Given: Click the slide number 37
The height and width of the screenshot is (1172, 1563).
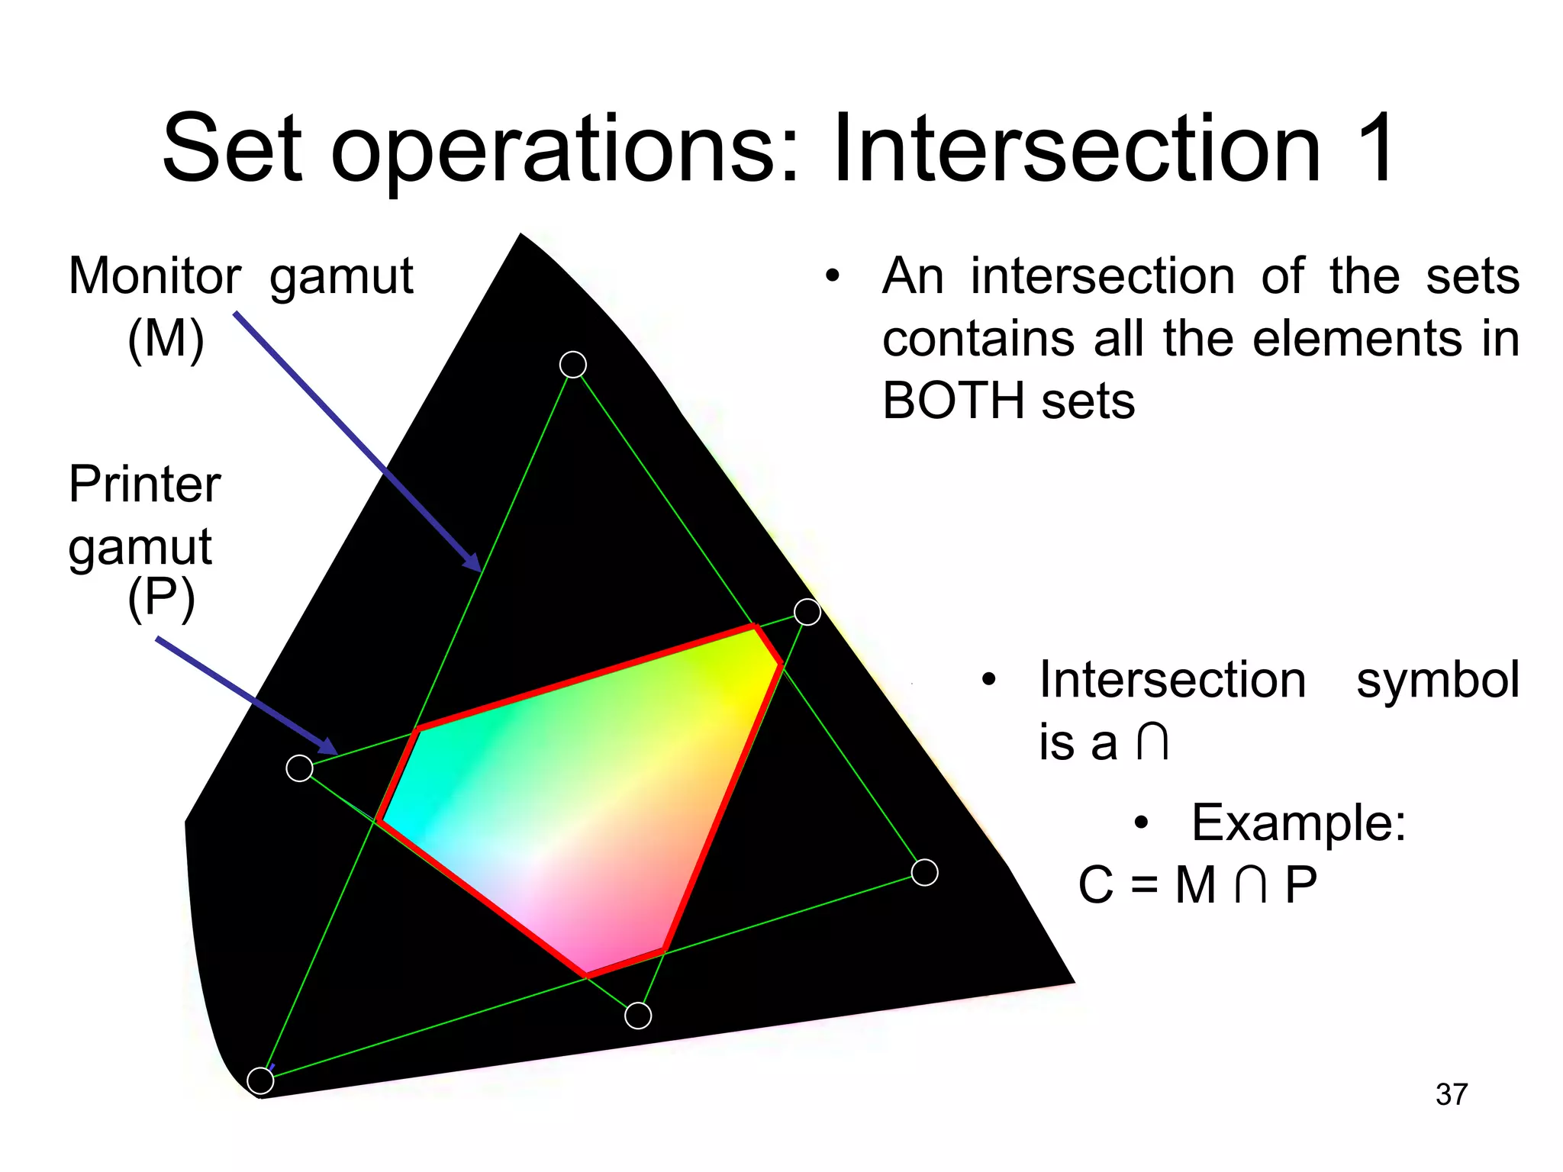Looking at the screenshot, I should pos(1451,1094).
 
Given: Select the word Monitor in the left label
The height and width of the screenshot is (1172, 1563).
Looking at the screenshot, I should pos(155,275).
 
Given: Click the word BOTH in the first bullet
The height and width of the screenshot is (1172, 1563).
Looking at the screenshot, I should pos(957,401).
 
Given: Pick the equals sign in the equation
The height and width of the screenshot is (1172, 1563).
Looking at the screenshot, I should pos(1144,886).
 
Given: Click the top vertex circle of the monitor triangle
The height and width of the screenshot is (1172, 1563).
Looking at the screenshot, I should pos(573,365).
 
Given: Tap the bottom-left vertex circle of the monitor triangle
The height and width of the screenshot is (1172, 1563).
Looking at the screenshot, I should pos(261,1080).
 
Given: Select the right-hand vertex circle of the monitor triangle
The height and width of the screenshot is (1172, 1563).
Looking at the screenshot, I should pos(925,872).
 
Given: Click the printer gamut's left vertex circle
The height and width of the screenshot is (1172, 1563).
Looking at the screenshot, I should pos(299,768).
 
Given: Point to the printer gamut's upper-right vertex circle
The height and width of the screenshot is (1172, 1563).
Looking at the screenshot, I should pos(807,612).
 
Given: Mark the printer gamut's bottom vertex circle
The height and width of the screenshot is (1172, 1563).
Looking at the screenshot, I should pos(638,1016).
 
